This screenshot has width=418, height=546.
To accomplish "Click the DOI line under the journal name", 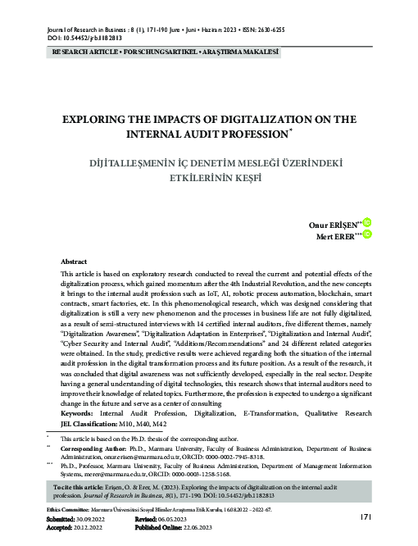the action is click(75, 38).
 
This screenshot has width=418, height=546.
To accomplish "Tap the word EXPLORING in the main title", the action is click(100, 119).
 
